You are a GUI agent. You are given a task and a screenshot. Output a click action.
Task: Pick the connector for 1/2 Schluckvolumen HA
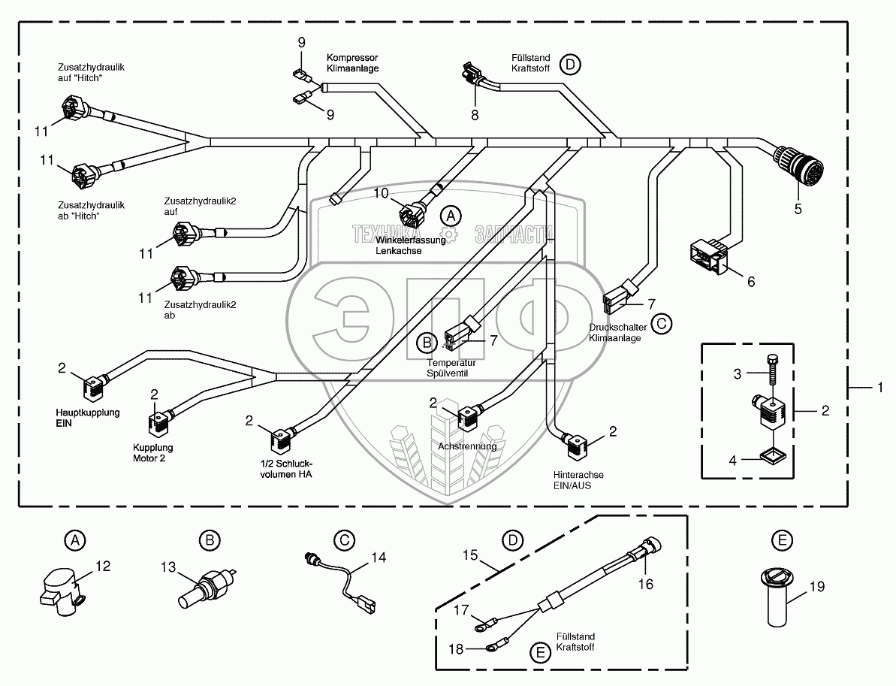point(282,440)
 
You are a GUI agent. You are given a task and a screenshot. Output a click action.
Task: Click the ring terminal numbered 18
point(491,648)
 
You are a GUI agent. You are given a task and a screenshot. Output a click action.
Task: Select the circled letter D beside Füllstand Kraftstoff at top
point(570,64)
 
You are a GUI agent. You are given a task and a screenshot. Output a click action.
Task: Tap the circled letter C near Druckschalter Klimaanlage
point(661,324)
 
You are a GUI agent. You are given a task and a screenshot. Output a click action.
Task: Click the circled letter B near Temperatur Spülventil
point(427,343)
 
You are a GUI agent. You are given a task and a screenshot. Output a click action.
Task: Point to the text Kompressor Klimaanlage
point(352,63)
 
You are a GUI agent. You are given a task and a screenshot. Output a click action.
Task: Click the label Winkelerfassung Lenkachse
point(410,245)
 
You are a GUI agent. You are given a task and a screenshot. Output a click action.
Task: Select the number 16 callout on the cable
point(646,584)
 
